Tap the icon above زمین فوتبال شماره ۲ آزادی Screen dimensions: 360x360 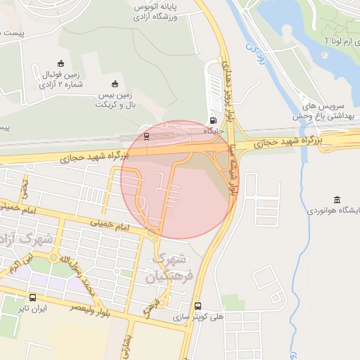(x=60, y=63)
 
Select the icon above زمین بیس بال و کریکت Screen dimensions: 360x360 (x=115, y=84)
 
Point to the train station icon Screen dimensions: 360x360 (x=146, y=136)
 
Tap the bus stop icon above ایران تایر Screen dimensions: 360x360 (x=33, y=297)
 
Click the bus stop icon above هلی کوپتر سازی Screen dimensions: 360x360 (x=198, y=306)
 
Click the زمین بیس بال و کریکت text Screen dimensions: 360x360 (x=115, y=100)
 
